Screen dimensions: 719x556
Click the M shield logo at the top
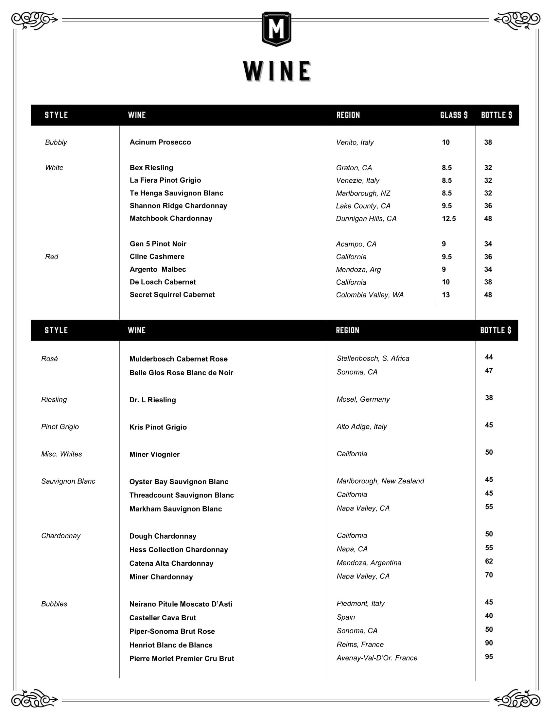pos(276,29)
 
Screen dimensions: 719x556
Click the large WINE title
pos(277,71)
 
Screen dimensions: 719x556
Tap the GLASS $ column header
pos(454,115)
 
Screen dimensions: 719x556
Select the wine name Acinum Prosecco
pos(160,142)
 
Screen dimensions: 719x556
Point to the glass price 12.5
pos(449,219)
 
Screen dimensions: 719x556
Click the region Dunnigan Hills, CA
pos(366,219)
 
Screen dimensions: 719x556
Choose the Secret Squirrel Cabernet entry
pos(172,295)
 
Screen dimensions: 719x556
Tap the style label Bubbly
pos(56,142)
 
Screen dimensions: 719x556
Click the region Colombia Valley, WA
pos(370,295)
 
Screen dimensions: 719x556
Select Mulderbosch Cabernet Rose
pos(178,359)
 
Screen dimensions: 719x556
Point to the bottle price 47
pos(489,371)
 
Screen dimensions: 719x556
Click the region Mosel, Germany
pos(363,399)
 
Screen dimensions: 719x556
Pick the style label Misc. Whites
pos(61,454)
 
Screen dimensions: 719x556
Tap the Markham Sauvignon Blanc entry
pos(176,509)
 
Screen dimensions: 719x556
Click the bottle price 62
pos(489,561)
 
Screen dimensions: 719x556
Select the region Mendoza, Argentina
pos(369,563)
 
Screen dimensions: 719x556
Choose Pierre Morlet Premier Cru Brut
pos(182,659)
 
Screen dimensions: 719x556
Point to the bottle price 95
pos(489,657)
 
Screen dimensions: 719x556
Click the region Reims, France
pos(360,644)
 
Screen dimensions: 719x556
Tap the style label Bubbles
pos(54,604)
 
